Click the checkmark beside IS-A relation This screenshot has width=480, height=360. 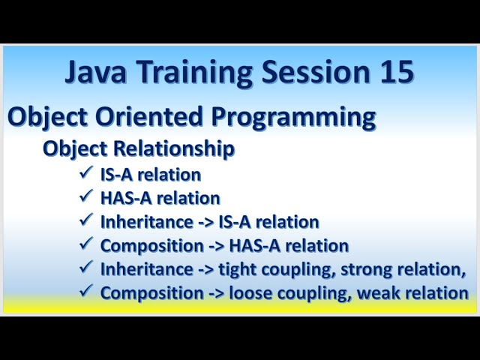pos(85,174)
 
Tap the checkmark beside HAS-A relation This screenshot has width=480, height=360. pos(85,198)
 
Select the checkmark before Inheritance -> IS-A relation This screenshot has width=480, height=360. pos(85,221)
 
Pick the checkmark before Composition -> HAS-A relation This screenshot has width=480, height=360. pos(85,245)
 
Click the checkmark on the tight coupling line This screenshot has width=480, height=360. pos(85,268)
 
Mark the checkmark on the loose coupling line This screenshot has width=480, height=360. pos(85,292)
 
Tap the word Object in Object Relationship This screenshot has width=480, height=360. pos(70,148)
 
